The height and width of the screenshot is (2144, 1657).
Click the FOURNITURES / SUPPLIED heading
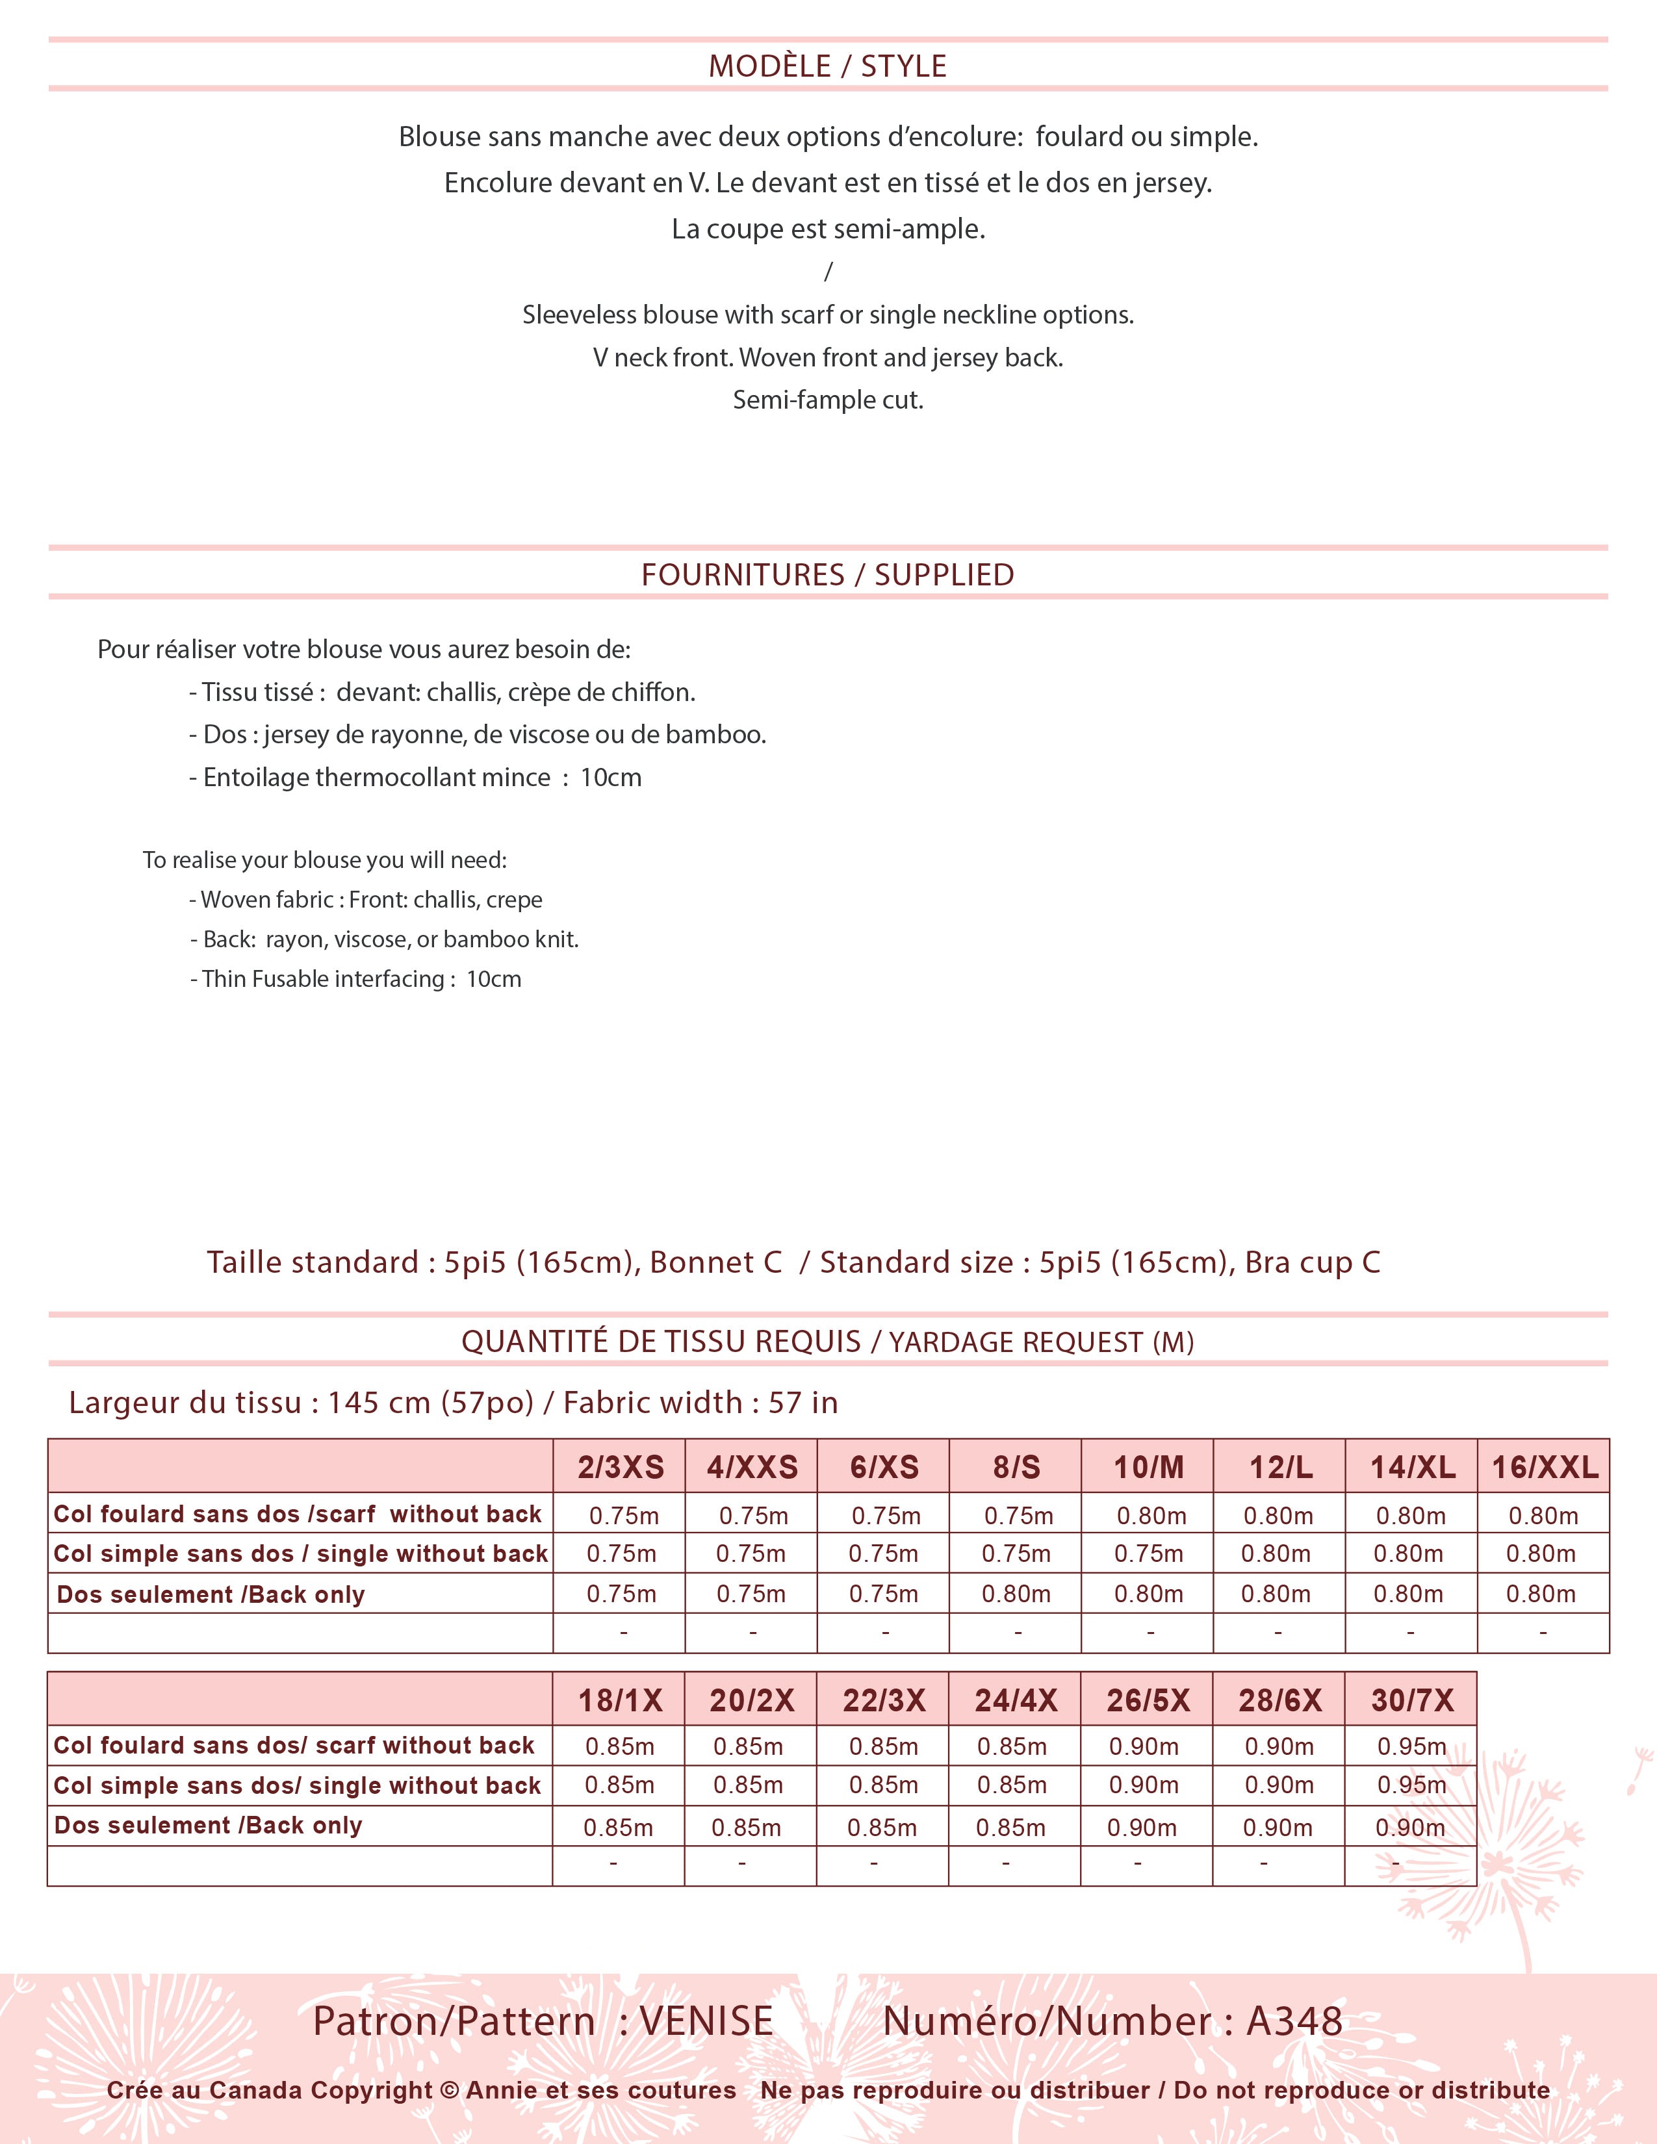[827, 574]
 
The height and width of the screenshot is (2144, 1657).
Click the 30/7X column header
[1411, 1700]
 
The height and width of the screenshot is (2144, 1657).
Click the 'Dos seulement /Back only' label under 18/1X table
[208, 1826]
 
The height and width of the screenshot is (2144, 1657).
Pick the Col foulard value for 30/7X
[1411, 1746]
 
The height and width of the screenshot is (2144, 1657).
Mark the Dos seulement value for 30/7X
[1409, 1828]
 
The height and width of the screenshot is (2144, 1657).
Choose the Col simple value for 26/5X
[1144, 1785]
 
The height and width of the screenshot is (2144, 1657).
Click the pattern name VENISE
[706, 2021]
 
